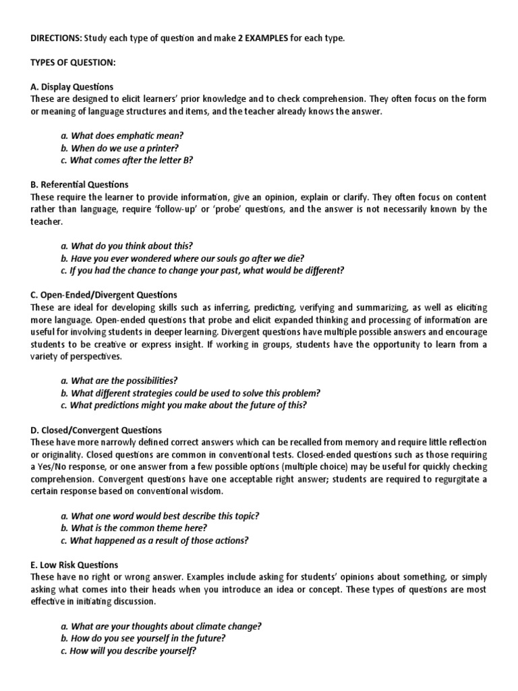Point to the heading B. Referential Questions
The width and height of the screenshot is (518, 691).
(80, 184)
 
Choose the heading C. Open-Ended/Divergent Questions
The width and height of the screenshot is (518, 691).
(104, 295)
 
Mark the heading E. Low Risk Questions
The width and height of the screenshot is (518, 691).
(74, 565)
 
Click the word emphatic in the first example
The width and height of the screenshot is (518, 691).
(138, 136)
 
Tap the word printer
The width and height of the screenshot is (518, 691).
(162, 148)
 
